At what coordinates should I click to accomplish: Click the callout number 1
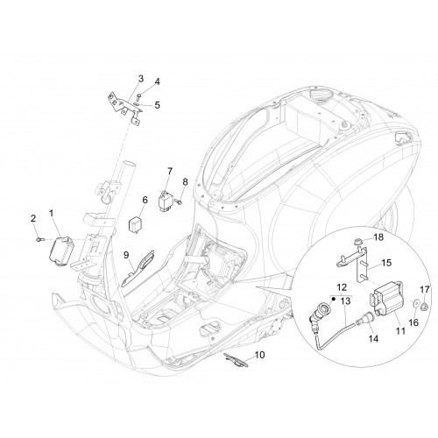pos(52,214)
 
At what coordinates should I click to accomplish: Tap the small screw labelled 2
pos(39,239)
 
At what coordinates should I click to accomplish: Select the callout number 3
pos(141,79)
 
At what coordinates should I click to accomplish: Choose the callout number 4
pos(158,81)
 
